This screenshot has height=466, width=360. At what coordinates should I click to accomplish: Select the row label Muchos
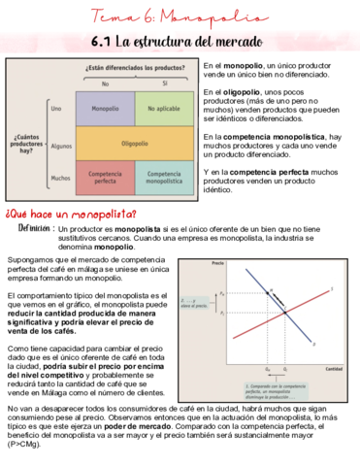click(x=58, y=178)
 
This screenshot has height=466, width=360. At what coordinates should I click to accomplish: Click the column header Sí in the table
click(x=163, y=83)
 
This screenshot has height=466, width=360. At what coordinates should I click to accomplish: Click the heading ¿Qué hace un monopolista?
click(x=71, y=214)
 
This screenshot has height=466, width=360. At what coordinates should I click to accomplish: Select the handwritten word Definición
click(x=39, y=228)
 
